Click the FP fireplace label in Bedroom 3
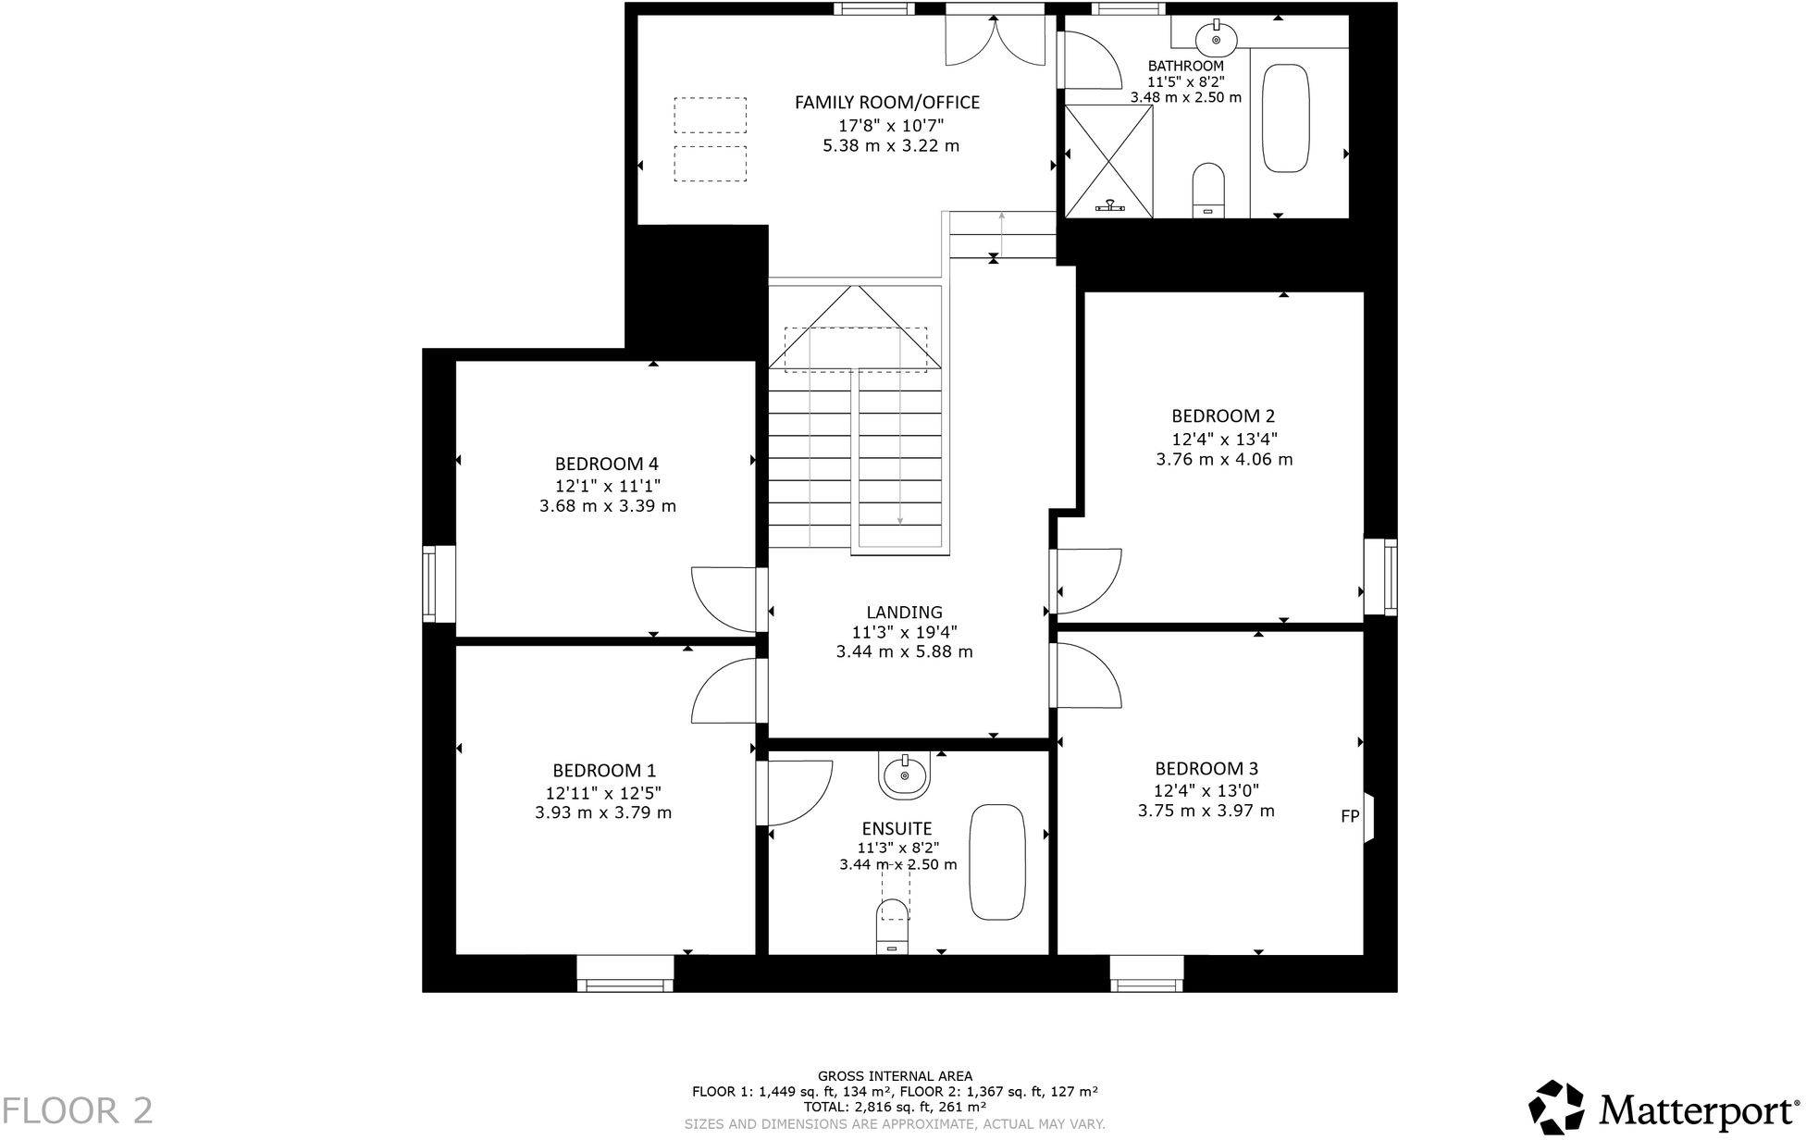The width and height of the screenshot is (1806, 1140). coord(1350,816)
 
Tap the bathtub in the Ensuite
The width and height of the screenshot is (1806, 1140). coord(997,862)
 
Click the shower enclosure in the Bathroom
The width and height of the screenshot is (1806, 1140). coord(1108,161)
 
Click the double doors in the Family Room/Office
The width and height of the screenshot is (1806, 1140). coord(995,40)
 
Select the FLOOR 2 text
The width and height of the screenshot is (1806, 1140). coord(78,1109)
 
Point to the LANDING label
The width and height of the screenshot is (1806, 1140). coord(904,612)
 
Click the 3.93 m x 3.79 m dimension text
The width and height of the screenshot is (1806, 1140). coord(603,813)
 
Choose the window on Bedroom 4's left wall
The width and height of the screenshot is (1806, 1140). coord(429,583)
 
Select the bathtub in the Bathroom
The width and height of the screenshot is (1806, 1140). coord(1286,118)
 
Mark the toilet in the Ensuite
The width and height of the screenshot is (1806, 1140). coord(892,925)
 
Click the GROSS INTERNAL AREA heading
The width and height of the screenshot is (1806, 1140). coord(895,1076)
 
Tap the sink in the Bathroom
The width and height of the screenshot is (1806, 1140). coord(1215,40)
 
